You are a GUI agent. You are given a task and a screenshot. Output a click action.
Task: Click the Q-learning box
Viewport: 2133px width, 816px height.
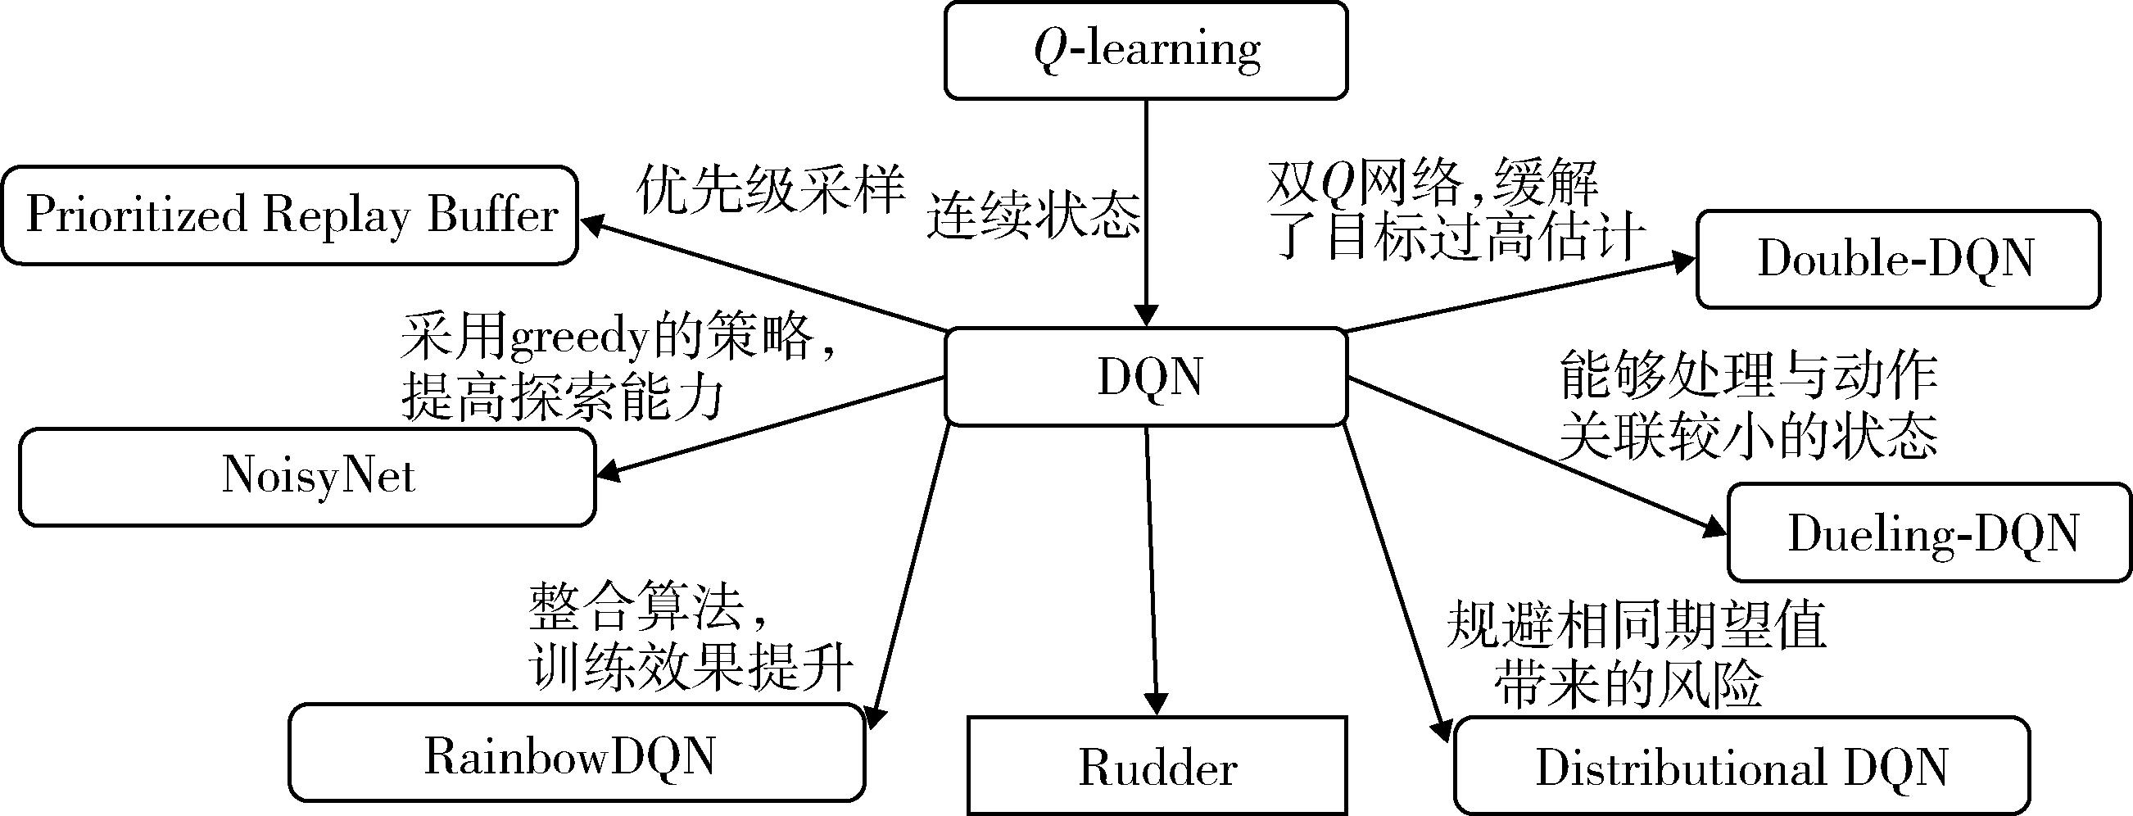(1146, 50)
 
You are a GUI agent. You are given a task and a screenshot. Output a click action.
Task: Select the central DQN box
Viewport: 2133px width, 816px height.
(1146, 377)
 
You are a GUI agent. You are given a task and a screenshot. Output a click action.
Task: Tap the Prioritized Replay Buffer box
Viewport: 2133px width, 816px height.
(289, 215)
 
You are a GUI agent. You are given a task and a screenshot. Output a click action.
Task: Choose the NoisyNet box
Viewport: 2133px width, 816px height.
(307, 477)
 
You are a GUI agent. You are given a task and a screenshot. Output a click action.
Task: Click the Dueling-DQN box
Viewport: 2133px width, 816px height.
(1929, 533)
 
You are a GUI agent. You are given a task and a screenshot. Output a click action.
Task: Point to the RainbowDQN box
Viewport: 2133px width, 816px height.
(577, 753)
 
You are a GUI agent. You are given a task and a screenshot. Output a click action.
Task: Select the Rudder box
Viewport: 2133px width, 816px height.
(1157, 766)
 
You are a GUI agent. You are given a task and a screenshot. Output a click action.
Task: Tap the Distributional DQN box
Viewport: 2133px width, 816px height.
(1742, 766)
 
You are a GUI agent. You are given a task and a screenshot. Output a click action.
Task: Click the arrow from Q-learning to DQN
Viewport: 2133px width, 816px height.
(1147, 207)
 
